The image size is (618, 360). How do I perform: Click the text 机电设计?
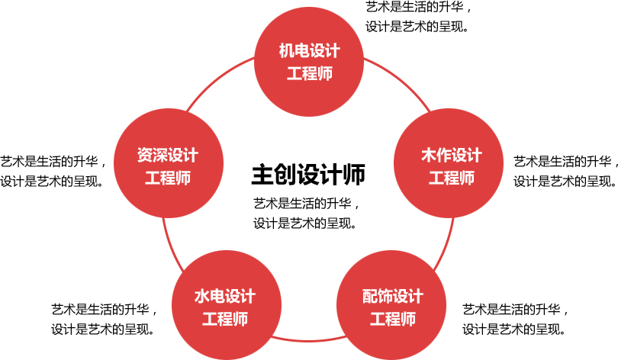tap(309, 52)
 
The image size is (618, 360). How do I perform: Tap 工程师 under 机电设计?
tap(309, 74)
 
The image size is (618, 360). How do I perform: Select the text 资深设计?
tap(167, 156)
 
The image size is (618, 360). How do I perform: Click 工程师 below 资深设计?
tap(167, 178)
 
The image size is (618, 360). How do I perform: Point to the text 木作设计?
tap(452, 156)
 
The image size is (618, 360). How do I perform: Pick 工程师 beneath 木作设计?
tap(452, 178)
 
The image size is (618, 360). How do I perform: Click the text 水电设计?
tap(224, 296)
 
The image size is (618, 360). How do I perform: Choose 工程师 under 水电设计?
tap(224, 319)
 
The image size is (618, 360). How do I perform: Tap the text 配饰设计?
tap(392, 296)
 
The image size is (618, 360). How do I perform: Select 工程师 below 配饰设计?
tap(392, 319)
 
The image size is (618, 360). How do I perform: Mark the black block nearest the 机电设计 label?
tap(418, 17)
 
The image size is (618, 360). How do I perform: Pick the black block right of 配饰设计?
tap(515, 320)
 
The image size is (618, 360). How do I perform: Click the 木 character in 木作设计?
tap(429, 156)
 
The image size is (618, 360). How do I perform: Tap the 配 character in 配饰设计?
tap(369, 296)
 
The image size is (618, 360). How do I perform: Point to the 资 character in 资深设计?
tap(144, 156)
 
